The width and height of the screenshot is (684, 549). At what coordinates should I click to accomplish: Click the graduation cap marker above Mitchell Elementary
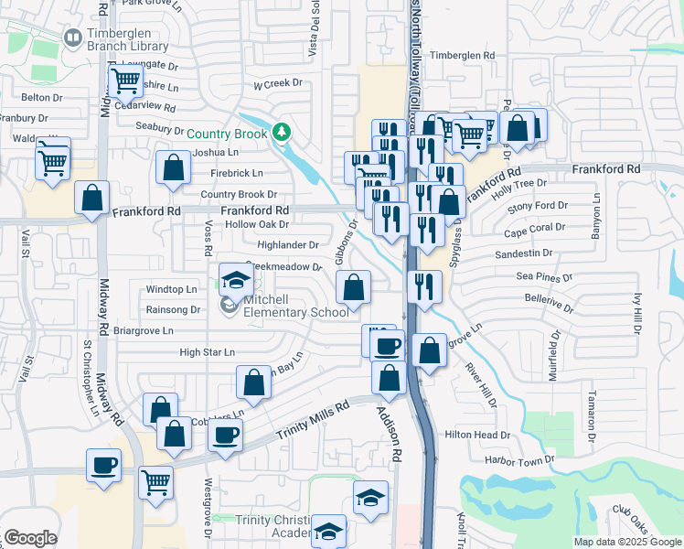click(236, 280)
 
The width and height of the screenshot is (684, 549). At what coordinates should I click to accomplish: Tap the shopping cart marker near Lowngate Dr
click(124, 81)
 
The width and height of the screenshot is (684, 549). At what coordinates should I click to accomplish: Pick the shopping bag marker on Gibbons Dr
click(354, 289)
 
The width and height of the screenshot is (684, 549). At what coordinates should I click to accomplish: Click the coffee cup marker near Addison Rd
click(388, 346)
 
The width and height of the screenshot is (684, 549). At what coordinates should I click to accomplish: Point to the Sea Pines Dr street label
click(544, 276)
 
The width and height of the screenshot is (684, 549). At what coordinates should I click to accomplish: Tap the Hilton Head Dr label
click(476, 435)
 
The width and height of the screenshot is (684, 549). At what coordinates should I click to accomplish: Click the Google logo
click(30, 538)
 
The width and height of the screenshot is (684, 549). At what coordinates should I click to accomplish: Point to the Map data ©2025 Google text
click(627, 542)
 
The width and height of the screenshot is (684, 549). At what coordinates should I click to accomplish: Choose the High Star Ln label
click(208, 352)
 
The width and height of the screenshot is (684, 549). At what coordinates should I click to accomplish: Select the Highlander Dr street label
click(288, 245)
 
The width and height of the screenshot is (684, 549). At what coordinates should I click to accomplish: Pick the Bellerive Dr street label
click(548, 298)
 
